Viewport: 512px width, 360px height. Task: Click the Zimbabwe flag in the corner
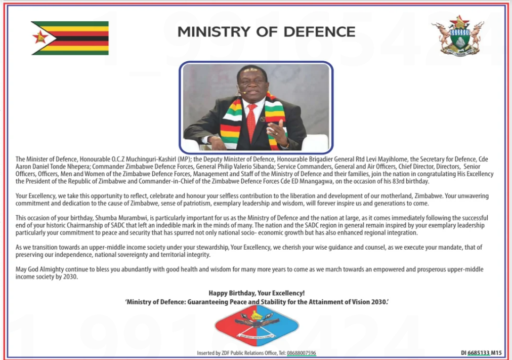tap(70, 38)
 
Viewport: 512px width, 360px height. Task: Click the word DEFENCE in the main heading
tap(319, 32)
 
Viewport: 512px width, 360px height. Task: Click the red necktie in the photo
tap(251, 122)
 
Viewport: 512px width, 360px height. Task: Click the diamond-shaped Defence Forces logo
tap(257, 326)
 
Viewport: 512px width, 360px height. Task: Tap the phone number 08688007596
tap(302, 353)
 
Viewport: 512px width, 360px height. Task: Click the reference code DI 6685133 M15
tap(481, 353)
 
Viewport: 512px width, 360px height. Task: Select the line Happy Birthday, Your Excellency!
tap(257, 293)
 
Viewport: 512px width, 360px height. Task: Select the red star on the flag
tap(40, 37)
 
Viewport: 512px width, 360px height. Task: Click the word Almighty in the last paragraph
tap(52, 269)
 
